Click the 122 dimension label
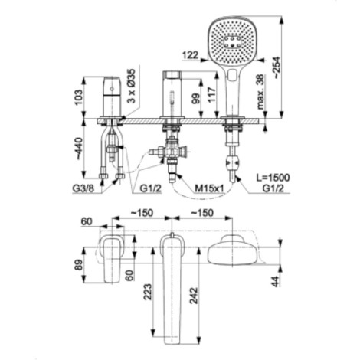tap(191, 55)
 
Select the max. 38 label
tap(260, 92)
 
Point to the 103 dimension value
tap(78, 97)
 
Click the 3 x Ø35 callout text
tap(133, 86)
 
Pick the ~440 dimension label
tap(79, 149)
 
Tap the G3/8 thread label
tap(83, 188)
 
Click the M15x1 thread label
tap(209, 188)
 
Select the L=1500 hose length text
tap(272, 178)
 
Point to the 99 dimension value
tap(195, 97)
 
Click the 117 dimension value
tap(211, 95)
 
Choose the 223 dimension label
tap(148, 292)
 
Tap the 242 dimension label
tap(194, 296)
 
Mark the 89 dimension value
tap(79, 265)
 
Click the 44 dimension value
tap(276, 281)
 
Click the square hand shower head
tap(232, 41)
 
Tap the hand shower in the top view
tap(233, 251)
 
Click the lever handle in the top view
tap(112, 258)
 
